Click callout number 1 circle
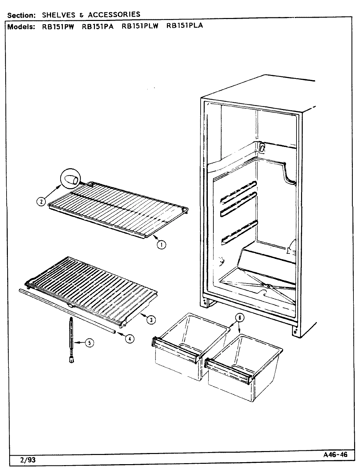[x=161, y=245]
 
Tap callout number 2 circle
[x=41, y=202]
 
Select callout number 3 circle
[x=150, y=320]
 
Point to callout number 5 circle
[x=89, y=343]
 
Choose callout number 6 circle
[x=240, y=317]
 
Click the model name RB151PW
[x=58, y=27]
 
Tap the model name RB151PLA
[x=185, y=26]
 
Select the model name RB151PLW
[x=140, y=26]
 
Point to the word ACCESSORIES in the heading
[x=114, y=14]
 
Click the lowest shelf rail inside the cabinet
[x=239, y=232]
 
